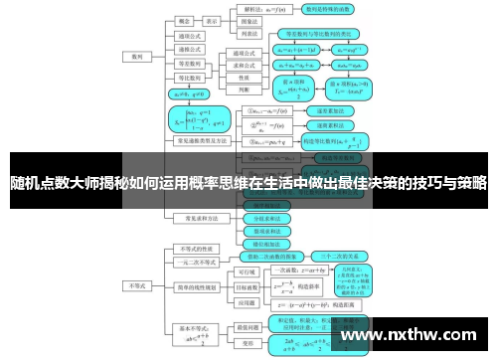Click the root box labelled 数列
coord(136,58)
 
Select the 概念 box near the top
coord(184,20)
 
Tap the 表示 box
coord(212,20)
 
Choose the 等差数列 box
coord(189,62)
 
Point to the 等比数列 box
coord(189,76)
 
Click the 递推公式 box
coord(189,48)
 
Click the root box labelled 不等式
coord(136,285)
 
